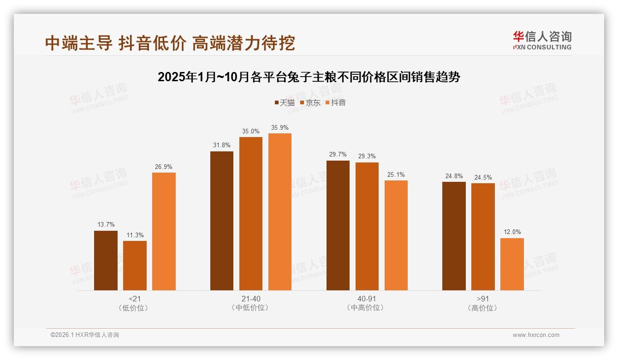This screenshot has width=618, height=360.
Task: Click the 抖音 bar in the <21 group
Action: (x=164, y=231)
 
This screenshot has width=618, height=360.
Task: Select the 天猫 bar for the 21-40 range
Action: (x=222, y=221)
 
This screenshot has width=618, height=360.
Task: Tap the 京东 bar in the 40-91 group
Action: (x=367, y=226)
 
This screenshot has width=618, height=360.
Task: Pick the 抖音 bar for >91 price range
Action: (x=512, y=264)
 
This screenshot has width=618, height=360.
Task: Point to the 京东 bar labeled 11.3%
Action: (x=135, y=265)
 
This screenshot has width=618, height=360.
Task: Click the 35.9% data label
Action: (x=280, y=128)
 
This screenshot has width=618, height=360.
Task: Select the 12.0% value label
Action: (x=512, y=232)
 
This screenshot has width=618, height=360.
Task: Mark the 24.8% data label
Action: (x=454, y=176)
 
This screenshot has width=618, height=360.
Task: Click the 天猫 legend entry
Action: (x=285, y=103)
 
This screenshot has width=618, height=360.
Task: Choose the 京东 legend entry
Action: (x=310, y=103)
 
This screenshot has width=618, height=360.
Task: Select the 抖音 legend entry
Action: (x=336, y=103)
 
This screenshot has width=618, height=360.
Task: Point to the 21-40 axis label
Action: (x=251, y=299)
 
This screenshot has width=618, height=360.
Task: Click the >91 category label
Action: (x=483, y=299)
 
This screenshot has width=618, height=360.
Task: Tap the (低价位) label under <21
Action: (x=135, y=308)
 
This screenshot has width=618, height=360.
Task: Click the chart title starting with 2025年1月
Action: (x=309, y=77)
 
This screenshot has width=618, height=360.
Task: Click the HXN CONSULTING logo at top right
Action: (x=542, y=40)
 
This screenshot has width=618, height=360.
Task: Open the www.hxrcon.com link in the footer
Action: (x=536, y=335)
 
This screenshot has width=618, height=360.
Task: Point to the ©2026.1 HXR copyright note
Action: (x=85, y=335)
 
